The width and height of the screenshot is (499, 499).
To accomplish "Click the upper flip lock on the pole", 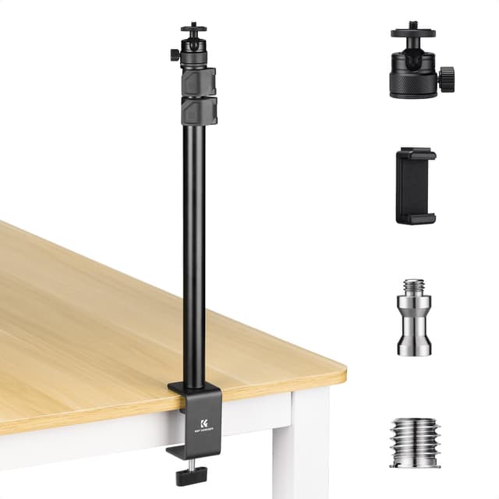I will tap(199, 81).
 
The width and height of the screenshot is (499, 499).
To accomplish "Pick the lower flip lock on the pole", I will tap(199, 110).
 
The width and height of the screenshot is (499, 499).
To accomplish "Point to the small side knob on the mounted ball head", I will tap(174, 55).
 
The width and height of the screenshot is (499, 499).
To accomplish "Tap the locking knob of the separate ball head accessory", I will tap(447, 79).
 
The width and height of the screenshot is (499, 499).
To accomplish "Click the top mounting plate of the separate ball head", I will tap(413, 34).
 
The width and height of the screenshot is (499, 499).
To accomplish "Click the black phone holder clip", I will tap(416, 186).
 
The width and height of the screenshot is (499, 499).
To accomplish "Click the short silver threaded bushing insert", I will tap(414, 442).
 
